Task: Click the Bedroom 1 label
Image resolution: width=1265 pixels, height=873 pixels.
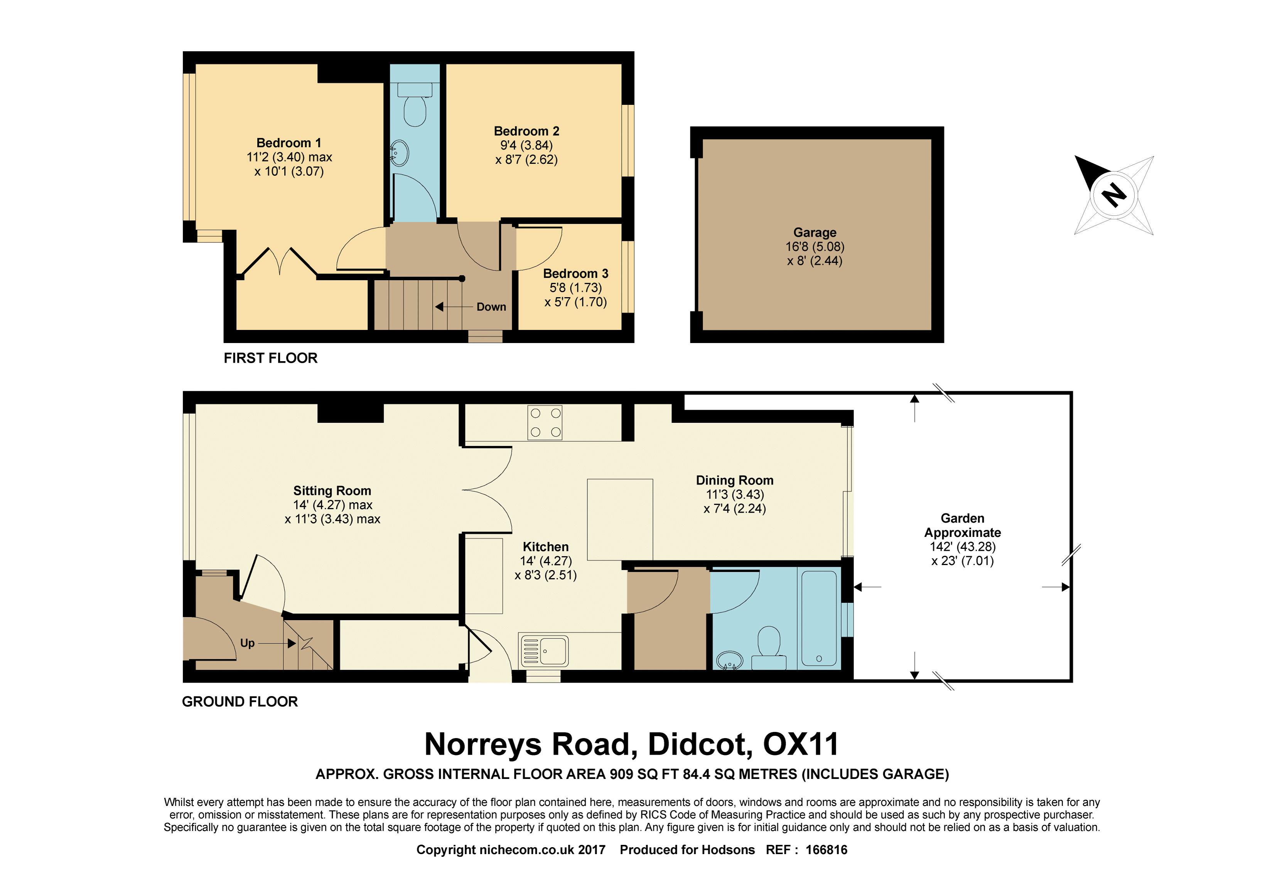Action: [288, 143]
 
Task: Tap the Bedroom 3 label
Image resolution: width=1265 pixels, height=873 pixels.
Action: [575, 274]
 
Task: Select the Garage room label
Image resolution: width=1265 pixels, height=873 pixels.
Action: [815, 232]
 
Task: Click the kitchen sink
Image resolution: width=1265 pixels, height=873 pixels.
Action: [543, 650]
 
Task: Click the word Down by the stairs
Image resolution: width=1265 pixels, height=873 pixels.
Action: [491, 307]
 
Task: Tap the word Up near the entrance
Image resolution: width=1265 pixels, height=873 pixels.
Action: [248, 643]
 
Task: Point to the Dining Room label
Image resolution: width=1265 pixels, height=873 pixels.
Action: [735, 480]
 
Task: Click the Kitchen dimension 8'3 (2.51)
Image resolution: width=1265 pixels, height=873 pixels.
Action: [545, 575]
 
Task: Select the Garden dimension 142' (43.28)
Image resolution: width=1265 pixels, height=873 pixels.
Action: [962, 547]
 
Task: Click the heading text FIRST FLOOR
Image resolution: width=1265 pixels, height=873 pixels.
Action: [270, 358]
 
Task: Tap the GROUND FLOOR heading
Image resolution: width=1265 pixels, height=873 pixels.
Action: [240, 702]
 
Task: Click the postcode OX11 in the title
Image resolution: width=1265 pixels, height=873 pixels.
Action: [800, 744]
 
